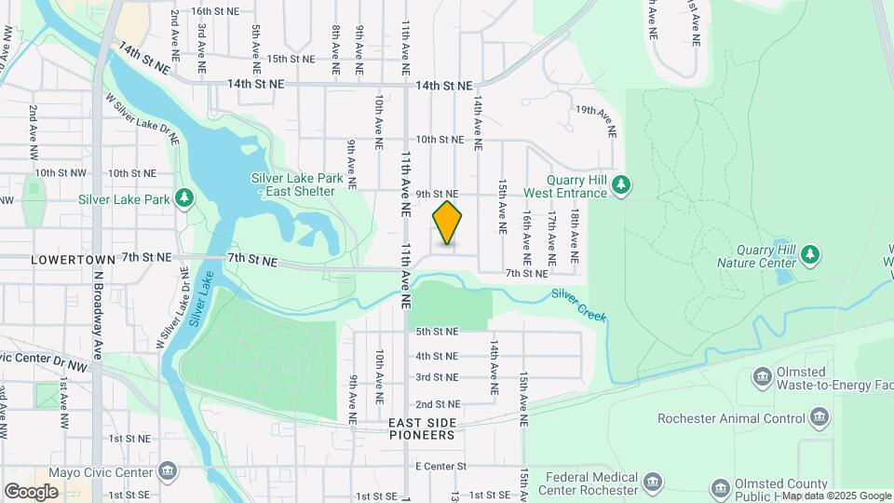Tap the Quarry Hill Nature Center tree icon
point(810,252)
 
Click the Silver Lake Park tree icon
point(185,198)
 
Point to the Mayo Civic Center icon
point(168,470)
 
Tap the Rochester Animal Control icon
point(819,416)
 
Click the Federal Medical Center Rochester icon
point(652,483)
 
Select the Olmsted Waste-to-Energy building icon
point(762,376)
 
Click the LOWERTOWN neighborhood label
point(73,258)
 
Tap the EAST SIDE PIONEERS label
point(422,428)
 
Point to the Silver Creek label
point(578,306)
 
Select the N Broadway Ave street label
point(96,316)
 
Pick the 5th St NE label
point(437,331)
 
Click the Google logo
point(31,492)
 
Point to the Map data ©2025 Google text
point(835,496)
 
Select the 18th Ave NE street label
point(576,234)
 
